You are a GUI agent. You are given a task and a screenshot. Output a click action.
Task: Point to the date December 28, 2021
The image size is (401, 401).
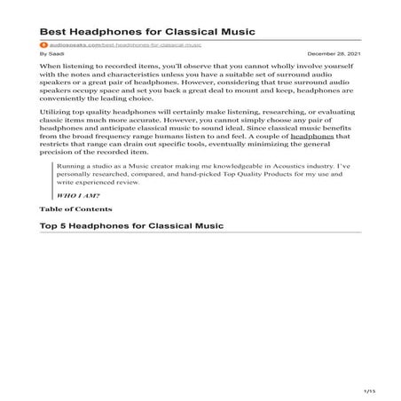point(338,53)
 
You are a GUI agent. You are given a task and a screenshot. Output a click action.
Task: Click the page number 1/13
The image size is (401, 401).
point(370,390)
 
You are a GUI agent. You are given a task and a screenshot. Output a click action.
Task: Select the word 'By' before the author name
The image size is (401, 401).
point(43,53)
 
